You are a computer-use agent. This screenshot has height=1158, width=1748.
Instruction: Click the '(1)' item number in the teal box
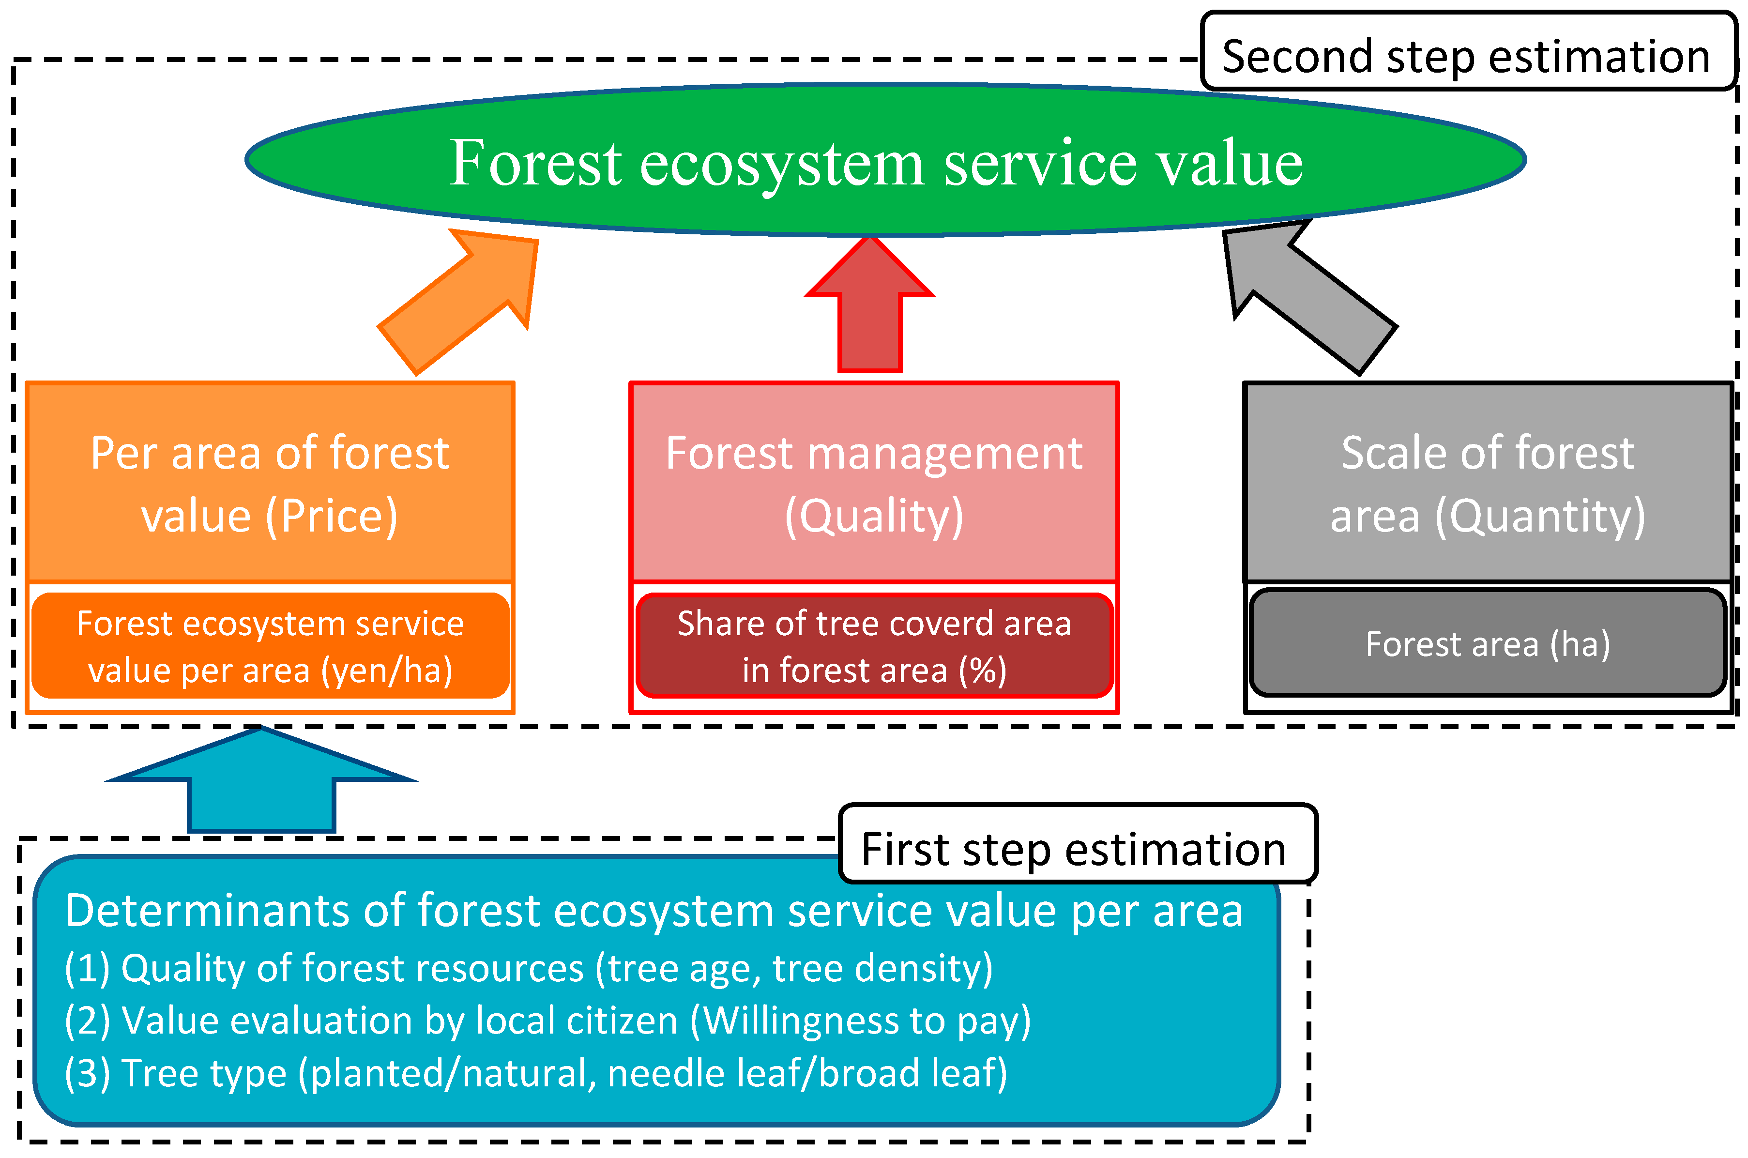(87, 968)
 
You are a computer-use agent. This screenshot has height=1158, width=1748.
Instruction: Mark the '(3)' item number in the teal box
(87, 1073)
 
